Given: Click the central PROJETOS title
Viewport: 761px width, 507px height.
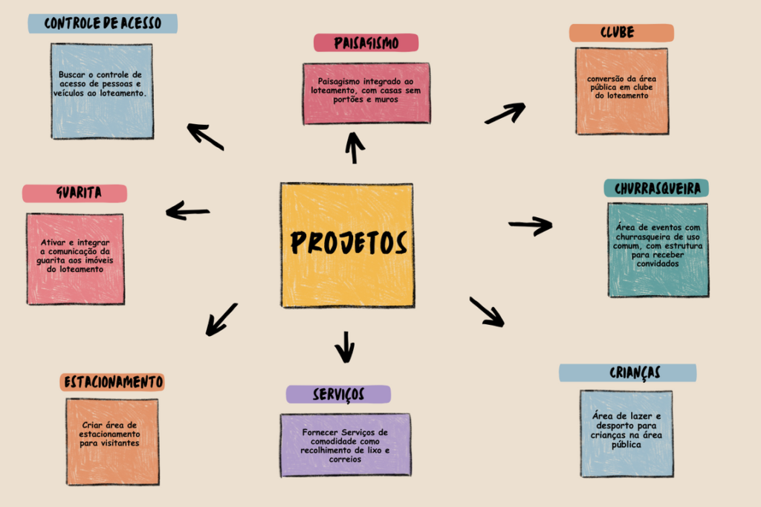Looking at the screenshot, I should point(348,242).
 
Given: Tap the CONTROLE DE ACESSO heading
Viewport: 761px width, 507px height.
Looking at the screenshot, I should point(103,23).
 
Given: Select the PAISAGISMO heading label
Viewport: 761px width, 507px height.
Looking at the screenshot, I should point(366,43).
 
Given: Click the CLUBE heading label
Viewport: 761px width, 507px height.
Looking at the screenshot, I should point(621,33).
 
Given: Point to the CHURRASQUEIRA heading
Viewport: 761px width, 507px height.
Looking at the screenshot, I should point(656,188).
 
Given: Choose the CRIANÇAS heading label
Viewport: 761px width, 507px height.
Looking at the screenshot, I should point(627,372).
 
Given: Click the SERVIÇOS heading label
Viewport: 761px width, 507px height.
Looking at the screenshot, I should point(338,394).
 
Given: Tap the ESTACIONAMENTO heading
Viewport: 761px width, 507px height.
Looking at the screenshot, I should point(112,382).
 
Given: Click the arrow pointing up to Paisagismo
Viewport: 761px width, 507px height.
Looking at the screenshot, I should point(354,147).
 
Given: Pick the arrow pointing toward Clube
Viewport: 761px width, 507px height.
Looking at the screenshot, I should point(505,113).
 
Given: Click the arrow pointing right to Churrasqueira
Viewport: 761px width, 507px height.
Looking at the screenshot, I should point(530,225).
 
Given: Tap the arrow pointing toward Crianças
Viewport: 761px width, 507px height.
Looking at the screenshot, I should point(486,311).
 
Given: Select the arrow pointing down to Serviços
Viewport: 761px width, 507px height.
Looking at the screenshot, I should point(344,346).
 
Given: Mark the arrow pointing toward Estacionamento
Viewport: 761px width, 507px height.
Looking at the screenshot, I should point(221,319).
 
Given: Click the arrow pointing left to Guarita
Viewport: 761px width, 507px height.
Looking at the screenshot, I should point(187,211).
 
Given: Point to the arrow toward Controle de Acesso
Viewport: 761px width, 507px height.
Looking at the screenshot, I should point(205,136).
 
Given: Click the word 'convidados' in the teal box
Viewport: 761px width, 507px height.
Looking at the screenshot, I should point(658,264).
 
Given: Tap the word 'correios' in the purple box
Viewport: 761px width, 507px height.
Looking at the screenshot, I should point(345,459).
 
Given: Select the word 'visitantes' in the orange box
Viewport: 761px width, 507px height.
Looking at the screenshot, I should point(113,443).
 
